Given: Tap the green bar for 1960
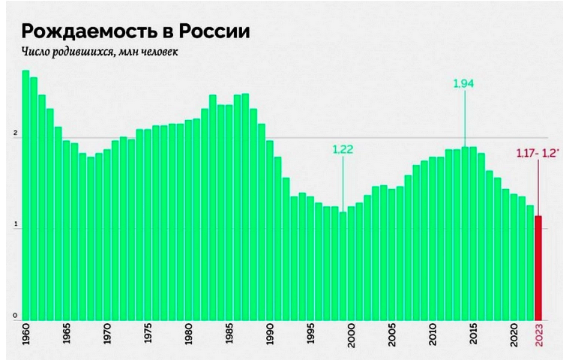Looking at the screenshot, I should pyautogui.click(x=25, y=195).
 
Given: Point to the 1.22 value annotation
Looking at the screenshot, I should pyautogui.click(x=343, y=148).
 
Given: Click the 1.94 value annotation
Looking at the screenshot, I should pyautogui.click(x=464, y=83).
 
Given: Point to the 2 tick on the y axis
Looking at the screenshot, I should pyautogui.click(x=15, y=134).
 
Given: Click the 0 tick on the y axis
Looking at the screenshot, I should pyautogui.click(x=15, y=316).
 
